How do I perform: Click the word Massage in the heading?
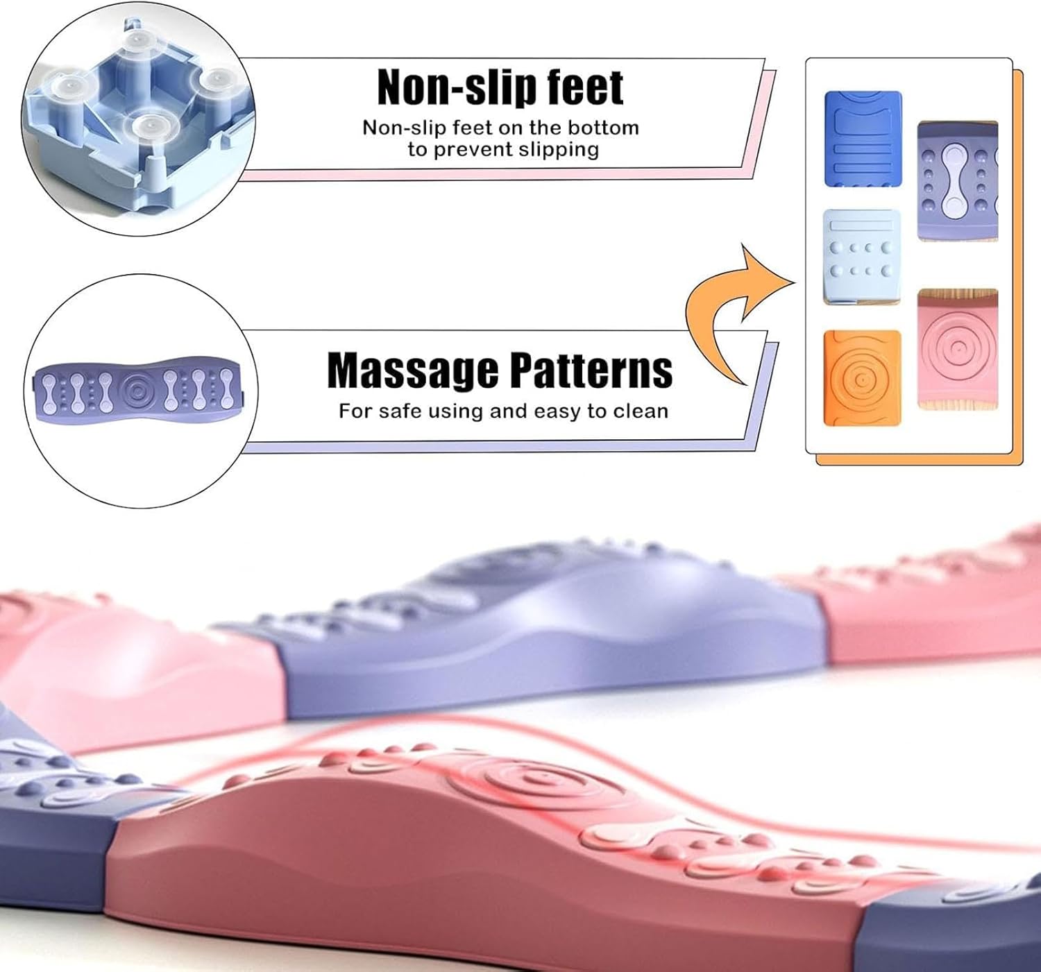[412, 370]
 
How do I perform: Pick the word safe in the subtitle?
[399, 411]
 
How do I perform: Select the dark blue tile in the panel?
[863, 139]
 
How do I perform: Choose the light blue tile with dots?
[861, 257]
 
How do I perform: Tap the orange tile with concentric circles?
[861, 378]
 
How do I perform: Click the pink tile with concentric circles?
[958, 348]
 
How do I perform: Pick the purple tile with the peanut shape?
[958, 181]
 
